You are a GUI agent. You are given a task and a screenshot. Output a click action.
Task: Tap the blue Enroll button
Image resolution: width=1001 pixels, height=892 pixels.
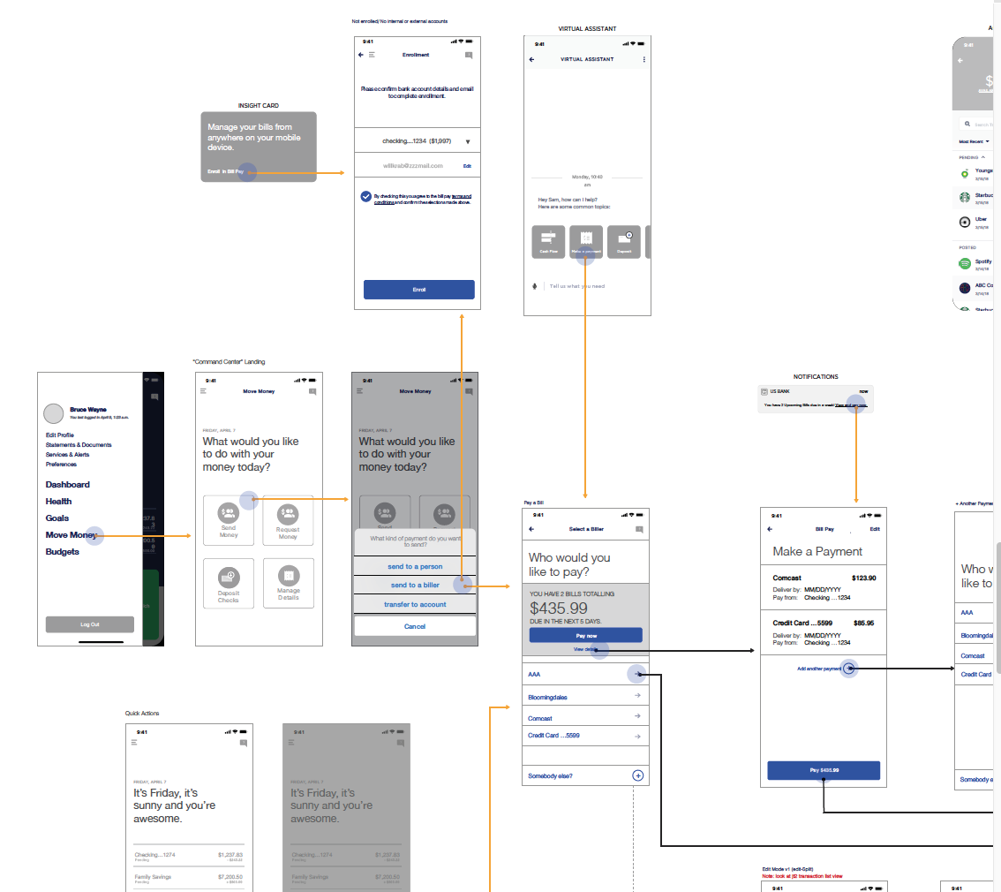pos(418,290)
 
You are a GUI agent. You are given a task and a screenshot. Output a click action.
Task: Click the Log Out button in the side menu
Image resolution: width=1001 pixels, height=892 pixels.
pos(90,624)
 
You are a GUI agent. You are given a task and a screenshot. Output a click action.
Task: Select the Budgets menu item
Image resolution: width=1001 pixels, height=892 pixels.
pos(63,552)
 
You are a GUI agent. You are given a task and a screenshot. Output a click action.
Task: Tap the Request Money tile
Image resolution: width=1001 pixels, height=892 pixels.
pos(288,520)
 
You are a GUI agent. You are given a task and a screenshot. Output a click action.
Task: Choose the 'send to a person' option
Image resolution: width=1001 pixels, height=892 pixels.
pos(415,566)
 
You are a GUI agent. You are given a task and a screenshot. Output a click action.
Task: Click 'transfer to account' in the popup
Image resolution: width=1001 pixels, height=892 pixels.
pos(415,605)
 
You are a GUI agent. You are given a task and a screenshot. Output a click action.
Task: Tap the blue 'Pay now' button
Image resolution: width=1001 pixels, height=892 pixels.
pos(585,635)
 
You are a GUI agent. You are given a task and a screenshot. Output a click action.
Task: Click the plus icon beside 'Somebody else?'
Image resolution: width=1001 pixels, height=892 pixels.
pos(638,775)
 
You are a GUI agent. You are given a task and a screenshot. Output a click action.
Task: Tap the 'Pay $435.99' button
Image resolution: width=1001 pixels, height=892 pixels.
pos(824,770)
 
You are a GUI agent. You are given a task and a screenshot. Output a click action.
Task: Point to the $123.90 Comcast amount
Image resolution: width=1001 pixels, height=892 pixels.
pos(863,578)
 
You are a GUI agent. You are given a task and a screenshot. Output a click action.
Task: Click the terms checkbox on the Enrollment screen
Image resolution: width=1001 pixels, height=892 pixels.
pos(365,196)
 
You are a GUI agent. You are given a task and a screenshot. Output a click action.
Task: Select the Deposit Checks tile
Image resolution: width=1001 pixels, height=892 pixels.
pos(229,584)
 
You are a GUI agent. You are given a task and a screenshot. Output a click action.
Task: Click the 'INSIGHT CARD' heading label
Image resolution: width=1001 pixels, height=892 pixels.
pos(258,106)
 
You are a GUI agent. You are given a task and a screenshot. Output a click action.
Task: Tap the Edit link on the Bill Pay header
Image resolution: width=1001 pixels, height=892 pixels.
pos(875,529)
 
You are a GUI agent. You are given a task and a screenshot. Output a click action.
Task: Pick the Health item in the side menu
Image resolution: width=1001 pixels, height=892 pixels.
pos(59,502)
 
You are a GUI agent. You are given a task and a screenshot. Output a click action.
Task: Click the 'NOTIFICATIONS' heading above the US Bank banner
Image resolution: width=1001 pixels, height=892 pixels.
pos(816,377)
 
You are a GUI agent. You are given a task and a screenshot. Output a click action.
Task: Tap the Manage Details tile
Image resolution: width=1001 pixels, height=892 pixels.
pos(288,584)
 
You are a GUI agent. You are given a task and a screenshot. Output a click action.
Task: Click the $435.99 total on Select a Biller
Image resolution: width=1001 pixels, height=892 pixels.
pos(559,609)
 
